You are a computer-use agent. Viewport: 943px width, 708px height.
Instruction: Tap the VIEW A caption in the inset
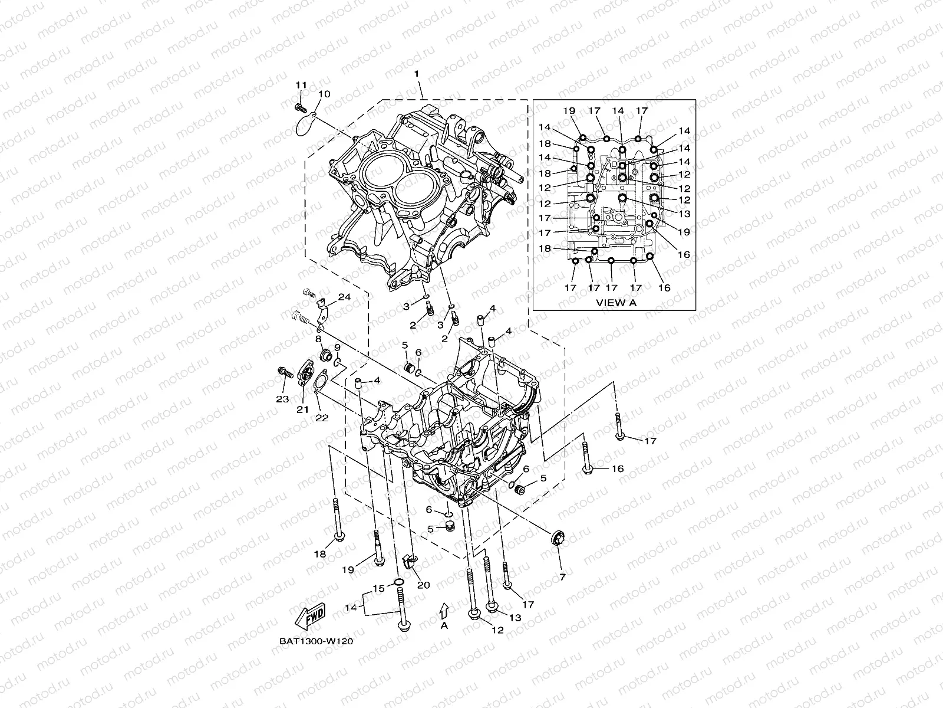[616, 303]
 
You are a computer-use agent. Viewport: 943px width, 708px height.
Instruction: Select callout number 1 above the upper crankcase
[416, 74]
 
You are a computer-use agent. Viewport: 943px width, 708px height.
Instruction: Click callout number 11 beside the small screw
[301, 84]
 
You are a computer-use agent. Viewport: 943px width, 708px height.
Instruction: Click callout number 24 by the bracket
[344, 297]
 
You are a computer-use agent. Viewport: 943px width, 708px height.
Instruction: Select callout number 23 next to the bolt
[282, 399]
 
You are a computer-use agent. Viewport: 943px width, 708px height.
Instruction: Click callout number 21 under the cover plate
[302, 409]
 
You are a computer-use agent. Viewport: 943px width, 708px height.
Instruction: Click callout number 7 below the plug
[562, 577]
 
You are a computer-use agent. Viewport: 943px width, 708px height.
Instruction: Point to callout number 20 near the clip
[423, 585]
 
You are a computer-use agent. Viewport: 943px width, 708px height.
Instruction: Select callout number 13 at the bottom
[516, 618]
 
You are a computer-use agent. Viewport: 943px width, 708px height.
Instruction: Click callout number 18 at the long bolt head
[320, 554]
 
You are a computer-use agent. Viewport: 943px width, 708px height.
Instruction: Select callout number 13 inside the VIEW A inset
[684, 214]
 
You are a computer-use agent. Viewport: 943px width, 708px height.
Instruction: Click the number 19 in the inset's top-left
[568, 110]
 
